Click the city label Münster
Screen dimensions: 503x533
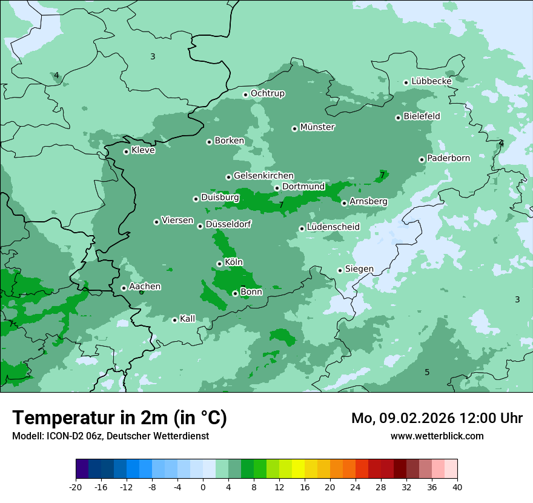coord(317,127)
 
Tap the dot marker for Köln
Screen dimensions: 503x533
coord(219,264)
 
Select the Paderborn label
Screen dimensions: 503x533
coord(448,158)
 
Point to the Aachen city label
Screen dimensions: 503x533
coord(145,287)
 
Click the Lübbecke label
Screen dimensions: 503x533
coord(431,81)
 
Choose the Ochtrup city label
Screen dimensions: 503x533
coord(267,93)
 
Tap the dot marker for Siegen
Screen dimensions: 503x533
coord(340,270)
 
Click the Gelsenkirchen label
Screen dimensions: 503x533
coord(263,176)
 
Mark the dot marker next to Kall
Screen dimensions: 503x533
coord(174,320)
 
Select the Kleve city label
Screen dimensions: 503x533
coord(143,150)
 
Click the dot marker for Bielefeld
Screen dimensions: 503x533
coord(398,118)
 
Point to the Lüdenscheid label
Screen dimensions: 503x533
coord(333,227)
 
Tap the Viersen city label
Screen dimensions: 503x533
coord(177,221)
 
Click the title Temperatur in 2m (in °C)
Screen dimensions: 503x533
coord(119,418)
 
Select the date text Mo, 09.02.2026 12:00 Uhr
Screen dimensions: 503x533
coord(437,418)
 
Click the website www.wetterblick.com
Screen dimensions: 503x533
coord(437,436)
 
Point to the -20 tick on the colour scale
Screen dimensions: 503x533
coord(76,487)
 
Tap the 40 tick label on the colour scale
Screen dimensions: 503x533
coord(457,487)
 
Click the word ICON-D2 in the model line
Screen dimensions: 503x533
coord(62,436)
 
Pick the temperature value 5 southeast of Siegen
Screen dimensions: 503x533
coord(427,372)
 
